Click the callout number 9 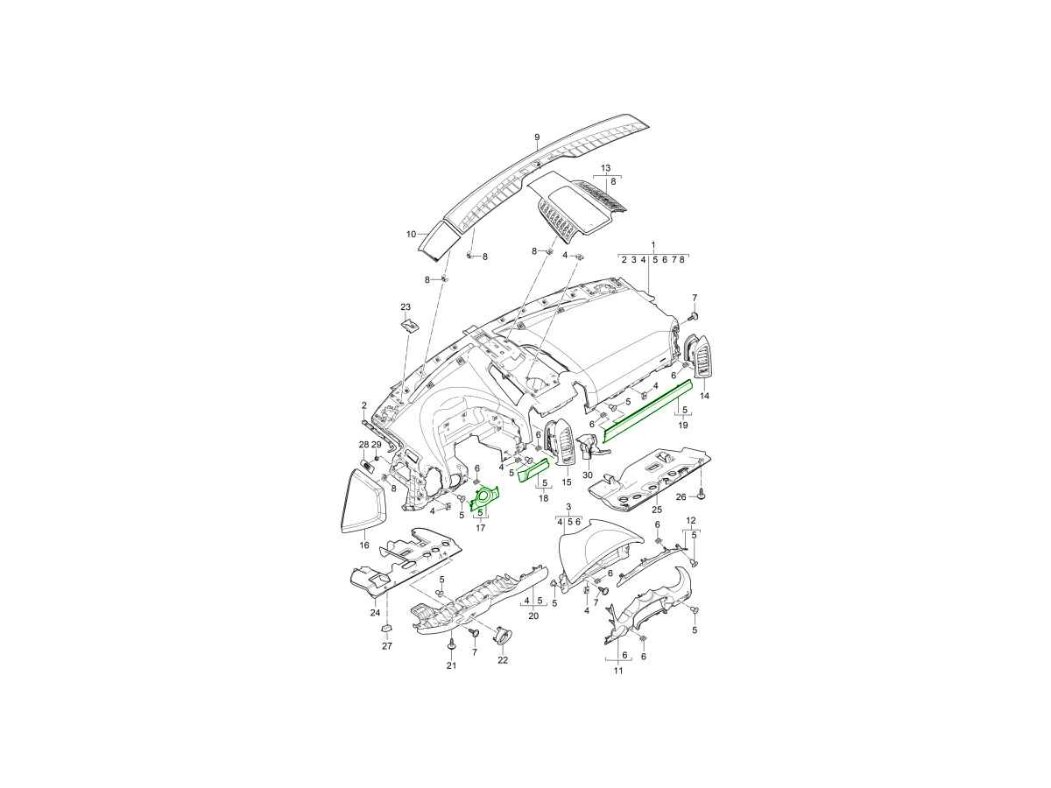tap(537, 137)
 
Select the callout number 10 tap(412, 235)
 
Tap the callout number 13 tap(606, 168)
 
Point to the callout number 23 tap(406, 306)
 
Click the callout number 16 tap(364, 545)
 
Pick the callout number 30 tap(588, 475)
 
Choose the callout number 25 tap(657, 510)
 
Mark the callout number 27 tap(387, 646)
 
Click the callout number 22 tap(502, 660)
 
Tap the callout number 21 tap(452, 665)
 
